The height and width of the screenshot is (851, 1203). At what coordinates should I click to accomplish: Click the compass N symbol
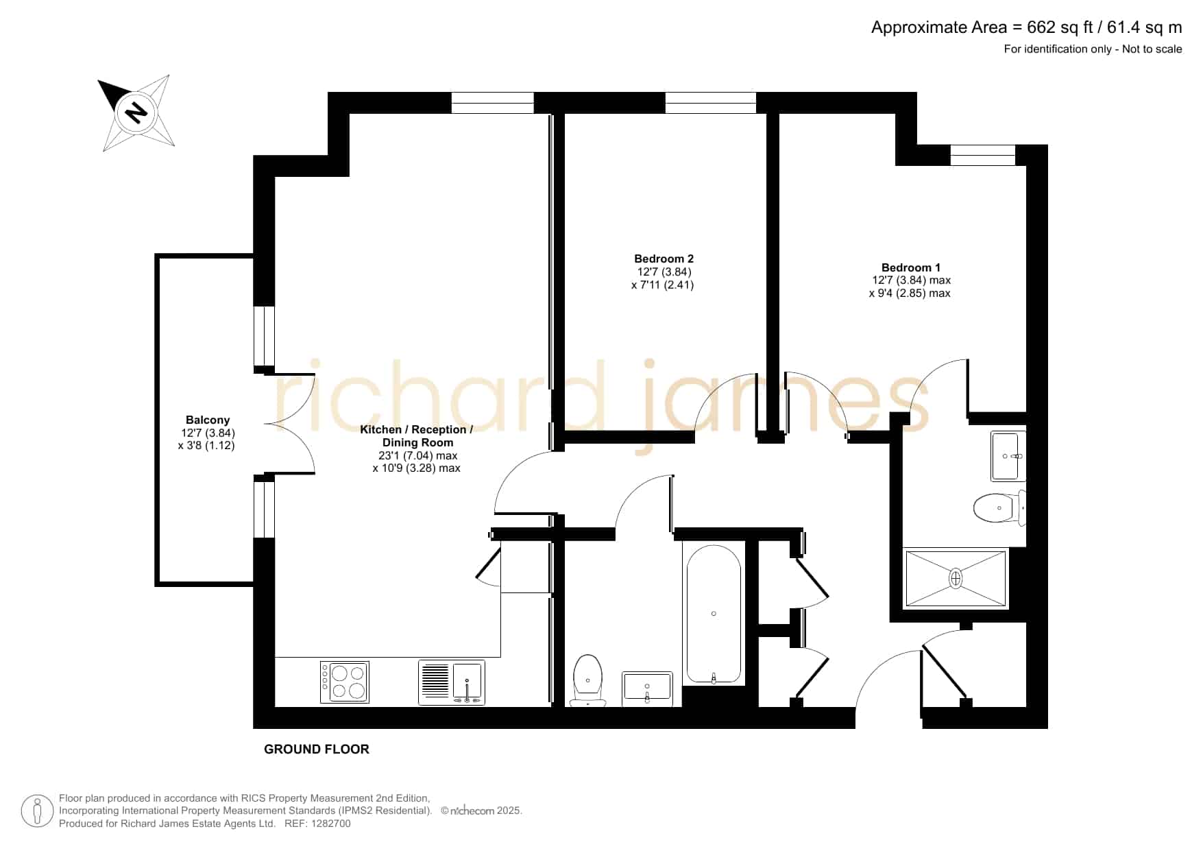(136, 112)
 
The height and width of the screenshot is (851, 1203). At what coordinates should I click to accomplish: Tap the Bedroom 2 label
(664, 259)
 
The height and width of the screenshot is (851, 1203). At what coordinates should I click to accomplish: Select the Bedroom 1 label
(910, 267)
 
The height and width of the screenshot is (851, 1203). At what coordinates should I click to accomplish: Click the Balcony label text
(208, 420)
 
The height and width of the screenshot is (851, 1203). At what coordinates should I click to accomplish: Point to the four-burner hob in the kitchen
(344, 682)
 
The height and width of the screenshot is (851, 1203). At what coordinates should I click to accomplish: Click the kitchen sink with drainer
(452, 682)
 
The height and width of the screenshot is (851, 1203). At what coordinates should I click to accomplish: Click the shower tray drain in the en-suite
(956, 578)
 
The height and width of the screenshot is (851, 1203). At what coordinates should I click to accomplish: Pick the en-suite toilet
(999, 508)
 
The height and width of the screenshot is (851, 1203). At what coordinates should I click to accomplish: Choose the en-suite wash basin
(1008, 456)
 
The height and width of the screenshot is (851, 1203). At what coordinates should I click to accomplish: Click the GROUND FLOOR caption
(317, 750)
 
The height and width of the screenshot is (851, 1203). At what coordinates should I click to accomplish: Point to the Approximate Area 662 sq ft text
(1027, 27)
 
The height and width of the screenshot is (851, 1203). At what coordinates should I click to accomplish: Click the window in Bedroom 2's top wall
(711, 103)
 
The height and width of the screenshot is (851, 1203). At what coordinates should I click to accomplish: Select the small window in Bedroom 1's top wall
(982, 156)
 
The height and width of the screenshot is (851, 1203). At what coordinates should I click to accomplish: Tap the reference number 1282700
(332, 824)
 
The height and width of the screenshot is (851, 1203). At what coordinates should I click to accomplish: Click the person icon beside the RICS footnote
(37, 811)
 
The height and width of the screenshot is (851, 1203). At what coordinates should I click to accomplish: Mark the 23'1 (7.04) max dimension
(417, 455)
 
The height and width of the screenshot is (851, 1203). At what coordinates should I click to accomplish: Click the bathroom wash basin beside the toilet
(647, 688)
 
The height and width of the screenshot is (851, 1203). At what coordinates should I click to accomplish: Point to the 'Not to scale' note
(1152, 49)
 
